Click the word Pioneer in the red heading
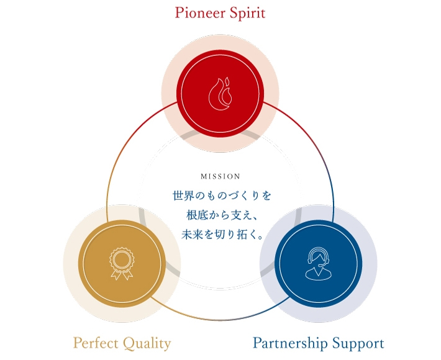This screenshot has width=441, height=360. point(199,13)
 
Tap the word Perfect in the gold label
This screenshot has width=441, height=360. point(96,343)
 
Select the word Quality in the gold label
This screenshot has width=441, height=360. point(147,344)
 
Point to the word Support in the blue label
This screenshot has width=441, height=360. point(358,344)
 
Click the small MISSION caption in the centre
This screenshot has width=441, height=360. point(220,176)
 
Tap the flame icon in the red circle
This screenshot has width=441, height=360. point(220,94)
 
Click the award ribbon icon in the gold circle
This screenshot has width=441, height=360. point(122,264)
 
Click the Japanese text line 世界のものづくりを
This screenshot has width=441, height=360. point(221,196)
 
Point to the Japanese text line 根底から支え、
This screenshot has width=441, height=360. point(221,215)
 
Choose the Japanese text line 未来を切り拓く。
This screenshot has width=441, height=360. point(222,234)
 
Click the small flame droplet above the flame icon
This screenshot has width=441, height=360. point(227,81)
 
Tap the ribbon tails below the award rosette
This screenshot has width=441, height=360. point(122,275)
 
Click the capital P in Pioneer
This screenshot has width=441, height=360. point(179,13)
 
